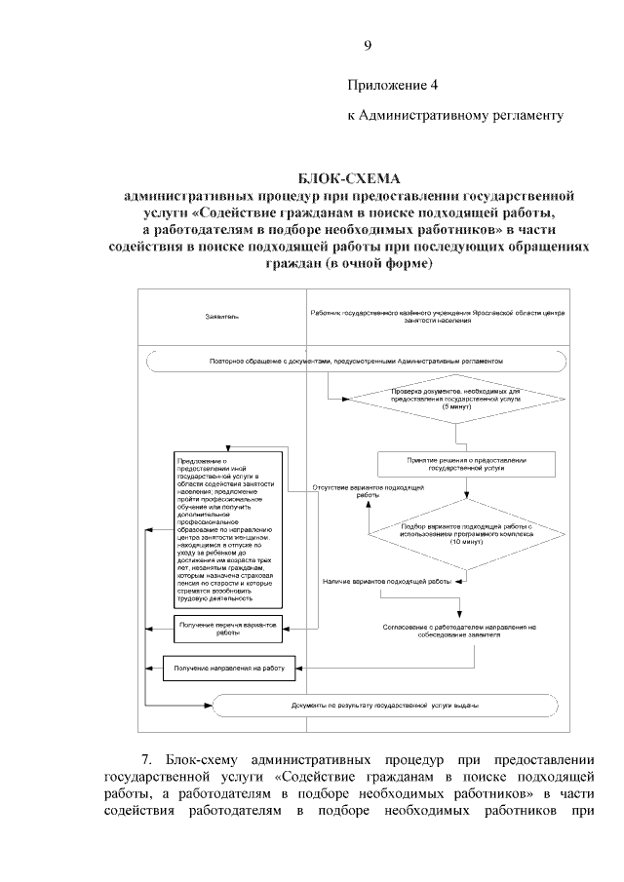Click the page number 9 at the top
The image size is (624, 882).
[367, 45]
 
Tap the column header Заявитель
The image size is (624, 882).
[221, 318]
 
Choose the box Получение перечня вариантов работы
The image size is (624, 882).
[228, 628]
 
